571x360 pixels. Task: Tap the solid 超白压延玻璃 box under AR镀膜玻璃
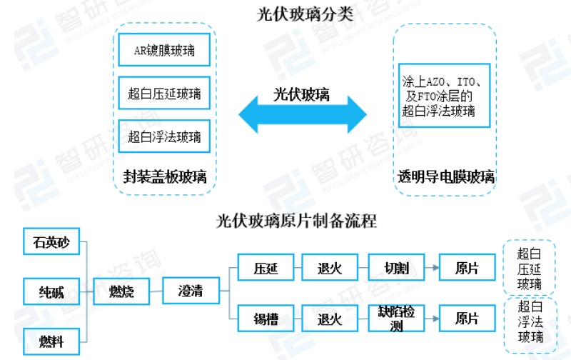(x=164, y=94)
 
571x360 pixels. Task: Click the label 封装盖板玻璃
(x=165, y=176)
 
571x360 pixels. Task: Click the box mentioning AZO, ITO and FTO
(x=444, y=94)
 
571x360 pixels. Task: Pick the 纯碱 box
(x=51, y=291)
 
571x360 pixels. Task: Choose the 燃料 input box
(x=51, y=341)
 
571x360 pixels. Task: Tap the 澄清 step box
(x=190, y=291)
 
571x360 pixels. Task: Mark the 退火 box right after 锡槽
(x=330, y=319)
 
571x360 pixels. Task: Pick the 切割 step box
(x=396, y=268)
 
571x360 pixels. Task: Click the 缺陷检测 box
(x=396, y=319)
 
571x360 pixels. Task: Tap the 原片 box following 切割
(x=467, y=268)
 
